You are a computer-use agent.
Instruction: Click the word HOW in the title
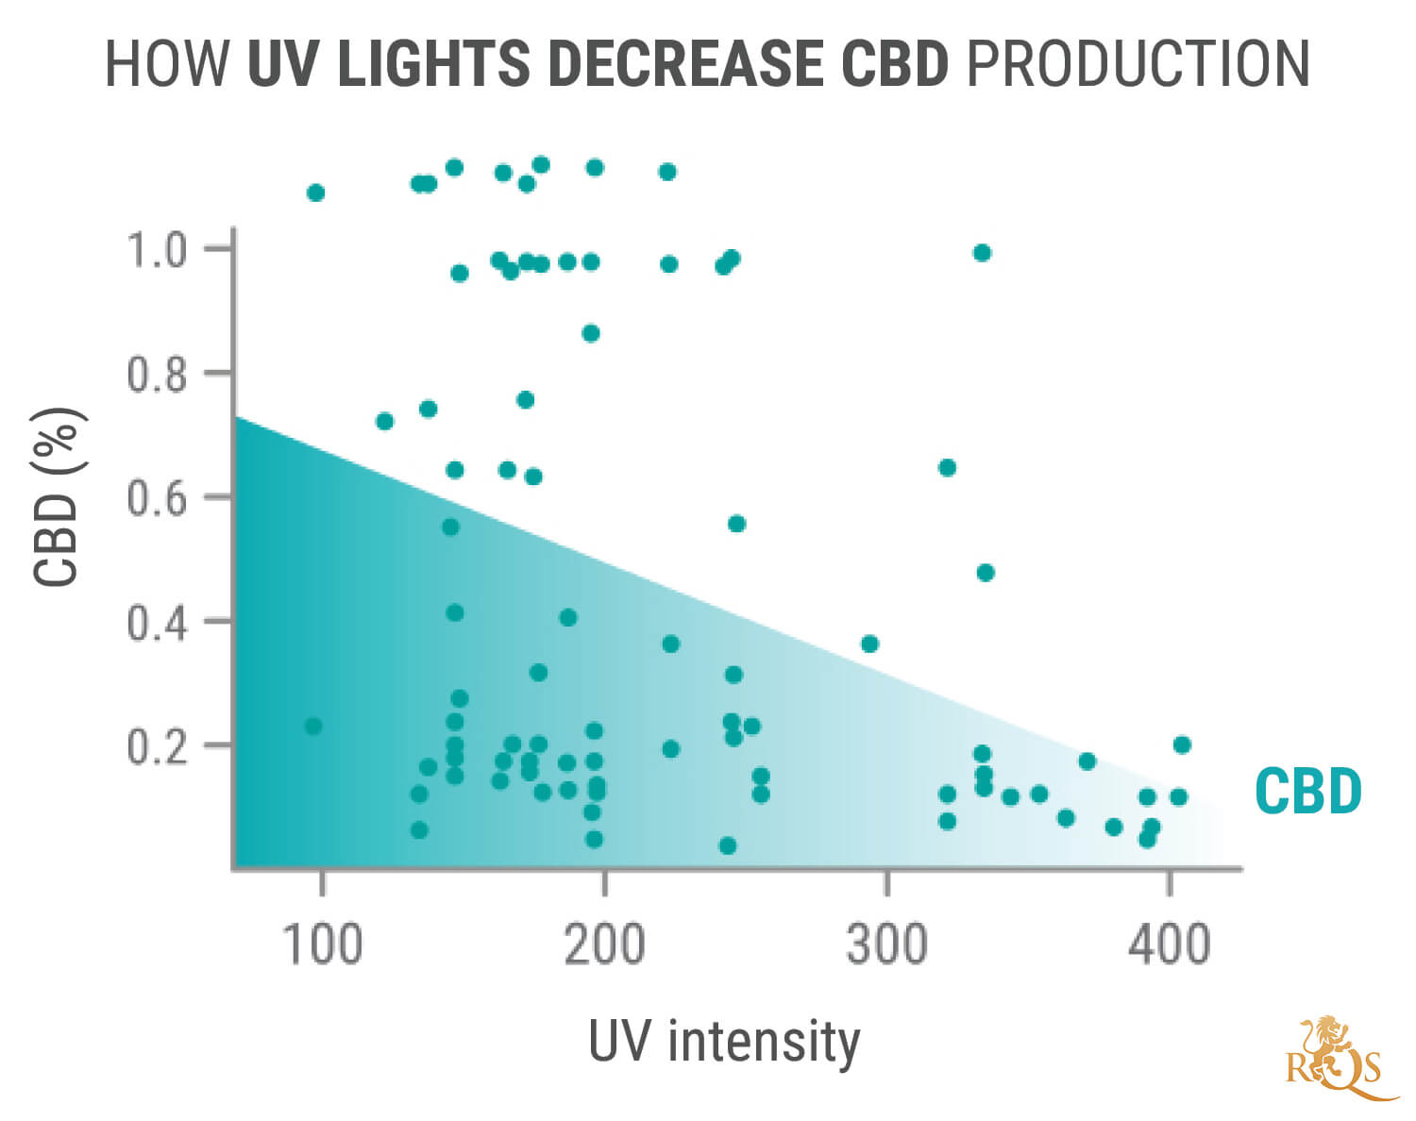click(x=166, y=64)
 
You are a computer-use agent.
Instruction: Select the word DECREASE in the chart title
click(x=686, y=64)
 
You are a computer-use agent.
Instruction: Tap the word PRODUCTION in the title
click(x=1138, y=64)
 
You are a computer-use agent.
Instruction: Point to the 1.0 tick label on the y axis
click(x=157, y=250)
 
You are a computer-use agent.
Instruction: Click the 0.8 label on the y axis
click(x=157, y=375)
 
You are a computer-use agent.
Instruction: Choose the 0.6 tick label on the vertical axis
click(x=157, y=498)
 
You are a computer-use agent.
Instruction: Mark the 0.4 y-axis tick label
click(x=157, y=623)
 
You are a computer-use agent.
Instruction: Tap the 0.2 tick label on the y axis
click(x=157, y=746)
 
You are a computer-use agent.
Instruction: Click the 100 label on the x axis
click(x=322, y=944)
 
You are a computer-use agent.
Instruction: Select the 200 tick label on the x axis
click(x=604, y=944)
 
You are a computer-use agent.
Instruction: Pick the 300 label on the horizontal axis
click(x=886, y=944)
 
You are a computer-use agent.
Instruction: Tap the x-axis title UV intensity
click(x=724, y=1042)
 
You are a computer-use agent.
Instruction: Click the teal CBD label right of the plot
click(x=1307, y=792)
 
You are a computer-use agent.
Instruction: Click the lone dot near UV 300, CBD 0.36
click(x=869, y=644)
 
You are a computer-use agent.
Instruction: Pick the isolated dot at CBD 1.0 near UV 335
click(x=982, y=253)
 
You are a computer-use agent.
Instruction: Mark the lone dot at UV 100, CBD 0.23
click(x=313, y=726)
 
